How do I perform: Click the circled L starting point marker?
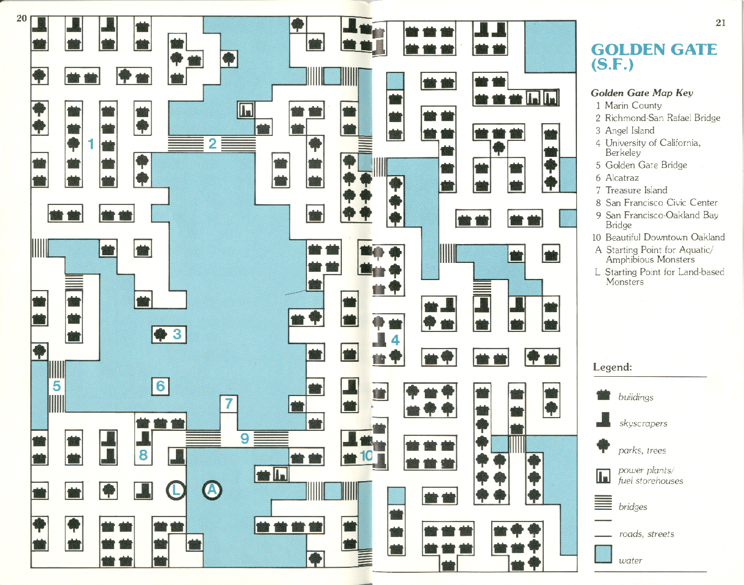click(176, 489)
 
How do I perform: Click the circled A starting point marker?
click(212, 489)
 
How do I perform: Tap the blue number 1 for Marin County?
click(91, 144)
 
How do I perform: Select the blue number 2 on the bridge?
click(212, 143)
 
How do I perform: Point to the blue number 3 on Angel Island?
click(177, 334)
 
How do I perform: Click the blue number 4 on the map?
click(395, 340)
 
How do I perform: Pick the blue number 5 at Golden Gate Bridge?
click(56, 386)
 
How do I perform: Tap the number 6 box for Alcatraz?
click(160, 386)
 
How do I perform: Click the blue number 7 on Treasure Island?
click(229, 403)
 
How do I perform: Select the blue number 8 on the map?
click(143, 455)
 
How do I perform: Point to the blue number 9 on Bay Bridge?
click(244, 438)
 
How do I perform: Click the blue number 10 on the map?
click(366, 456)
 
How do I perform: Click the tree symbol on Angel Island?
click(160, 334)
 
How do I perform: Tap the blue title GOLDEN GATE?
click(654, 49)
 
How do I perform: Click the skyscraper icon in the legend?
click(603, 420)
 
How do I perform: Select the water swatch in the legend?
click(603, 554)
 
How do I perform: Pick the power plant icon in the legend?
click(603, 476)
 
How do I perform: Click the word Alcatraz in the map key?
click(622, 177)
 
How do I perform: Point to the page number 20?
click(22, 18)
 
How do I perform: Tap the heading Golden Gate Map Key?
click(642, 93)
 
